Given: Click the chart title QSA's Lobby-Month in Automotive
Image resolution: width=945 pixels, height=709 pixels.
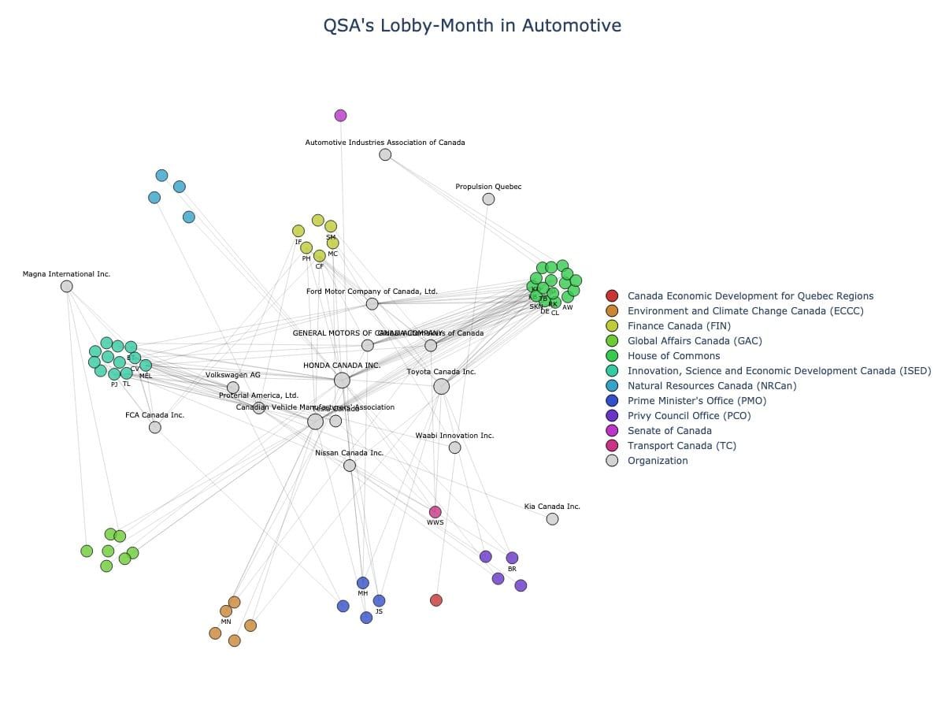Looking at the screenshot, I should coord(472,26).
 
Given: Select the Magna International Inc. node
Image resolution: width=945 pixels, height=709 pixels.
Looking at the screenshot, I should coord(67,286).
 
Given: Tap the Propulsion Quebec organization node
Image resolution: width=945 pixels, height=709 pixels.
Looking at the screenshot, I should coord(488,199).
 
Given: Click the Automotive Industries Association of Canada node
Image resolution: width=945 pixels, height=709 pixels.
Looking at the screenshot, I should coord(385,154).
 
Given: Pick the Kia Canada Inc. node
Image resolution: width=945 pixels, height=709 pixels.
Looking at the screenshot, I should coord(552,518).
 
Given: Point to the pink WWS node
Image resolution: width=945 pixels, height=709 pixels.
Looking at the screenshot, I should coord(435,512).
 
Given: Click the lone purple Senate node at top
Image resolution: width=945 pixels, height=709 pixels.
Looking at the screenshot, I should coord(340,116).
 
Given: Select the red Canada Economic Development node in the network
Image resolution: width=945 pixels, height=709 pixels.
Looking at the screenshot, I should coord(436,600).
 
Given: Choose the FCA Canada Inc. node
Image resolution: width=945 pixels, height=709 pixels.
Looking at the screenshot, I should coord(155,427).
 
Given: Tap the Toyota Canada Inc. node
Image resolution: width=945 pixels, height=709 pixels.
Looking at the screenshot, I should coord(441,386).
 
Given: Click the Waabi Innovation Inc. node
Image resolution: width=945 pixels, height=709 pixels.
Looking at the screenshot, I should coord(454,447).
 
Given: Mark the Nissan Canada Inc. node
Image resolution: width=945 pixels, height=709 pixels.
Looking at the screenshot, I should coord(350,466).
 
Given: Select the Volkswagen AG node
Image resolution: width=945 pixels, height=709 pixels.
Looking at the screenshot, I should coord(233,388).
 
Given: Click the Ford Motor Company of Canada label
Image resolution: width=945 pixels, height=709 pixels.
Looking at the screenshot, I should coord(372,291).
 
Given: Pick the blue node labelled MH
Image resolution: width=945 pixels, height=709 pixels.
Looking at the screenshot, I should coord(362,583).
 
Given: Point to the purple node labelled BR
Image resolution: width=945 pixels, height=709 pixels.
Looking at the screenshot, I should coord(512,558).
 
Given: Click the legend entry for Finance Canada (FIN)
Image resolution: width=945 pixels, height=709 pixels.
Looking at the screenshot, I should coord(679,326).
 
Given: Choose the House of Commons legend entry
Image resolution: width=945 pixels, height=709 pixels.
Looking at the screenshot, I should coord(673,356).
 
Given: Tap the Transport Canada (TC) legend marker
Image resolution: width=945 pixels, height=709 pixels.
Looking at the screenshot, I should coord(612,446).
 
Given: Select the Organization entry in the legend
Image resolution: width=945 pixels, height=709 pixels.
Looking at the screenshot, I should coord(657,461).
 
